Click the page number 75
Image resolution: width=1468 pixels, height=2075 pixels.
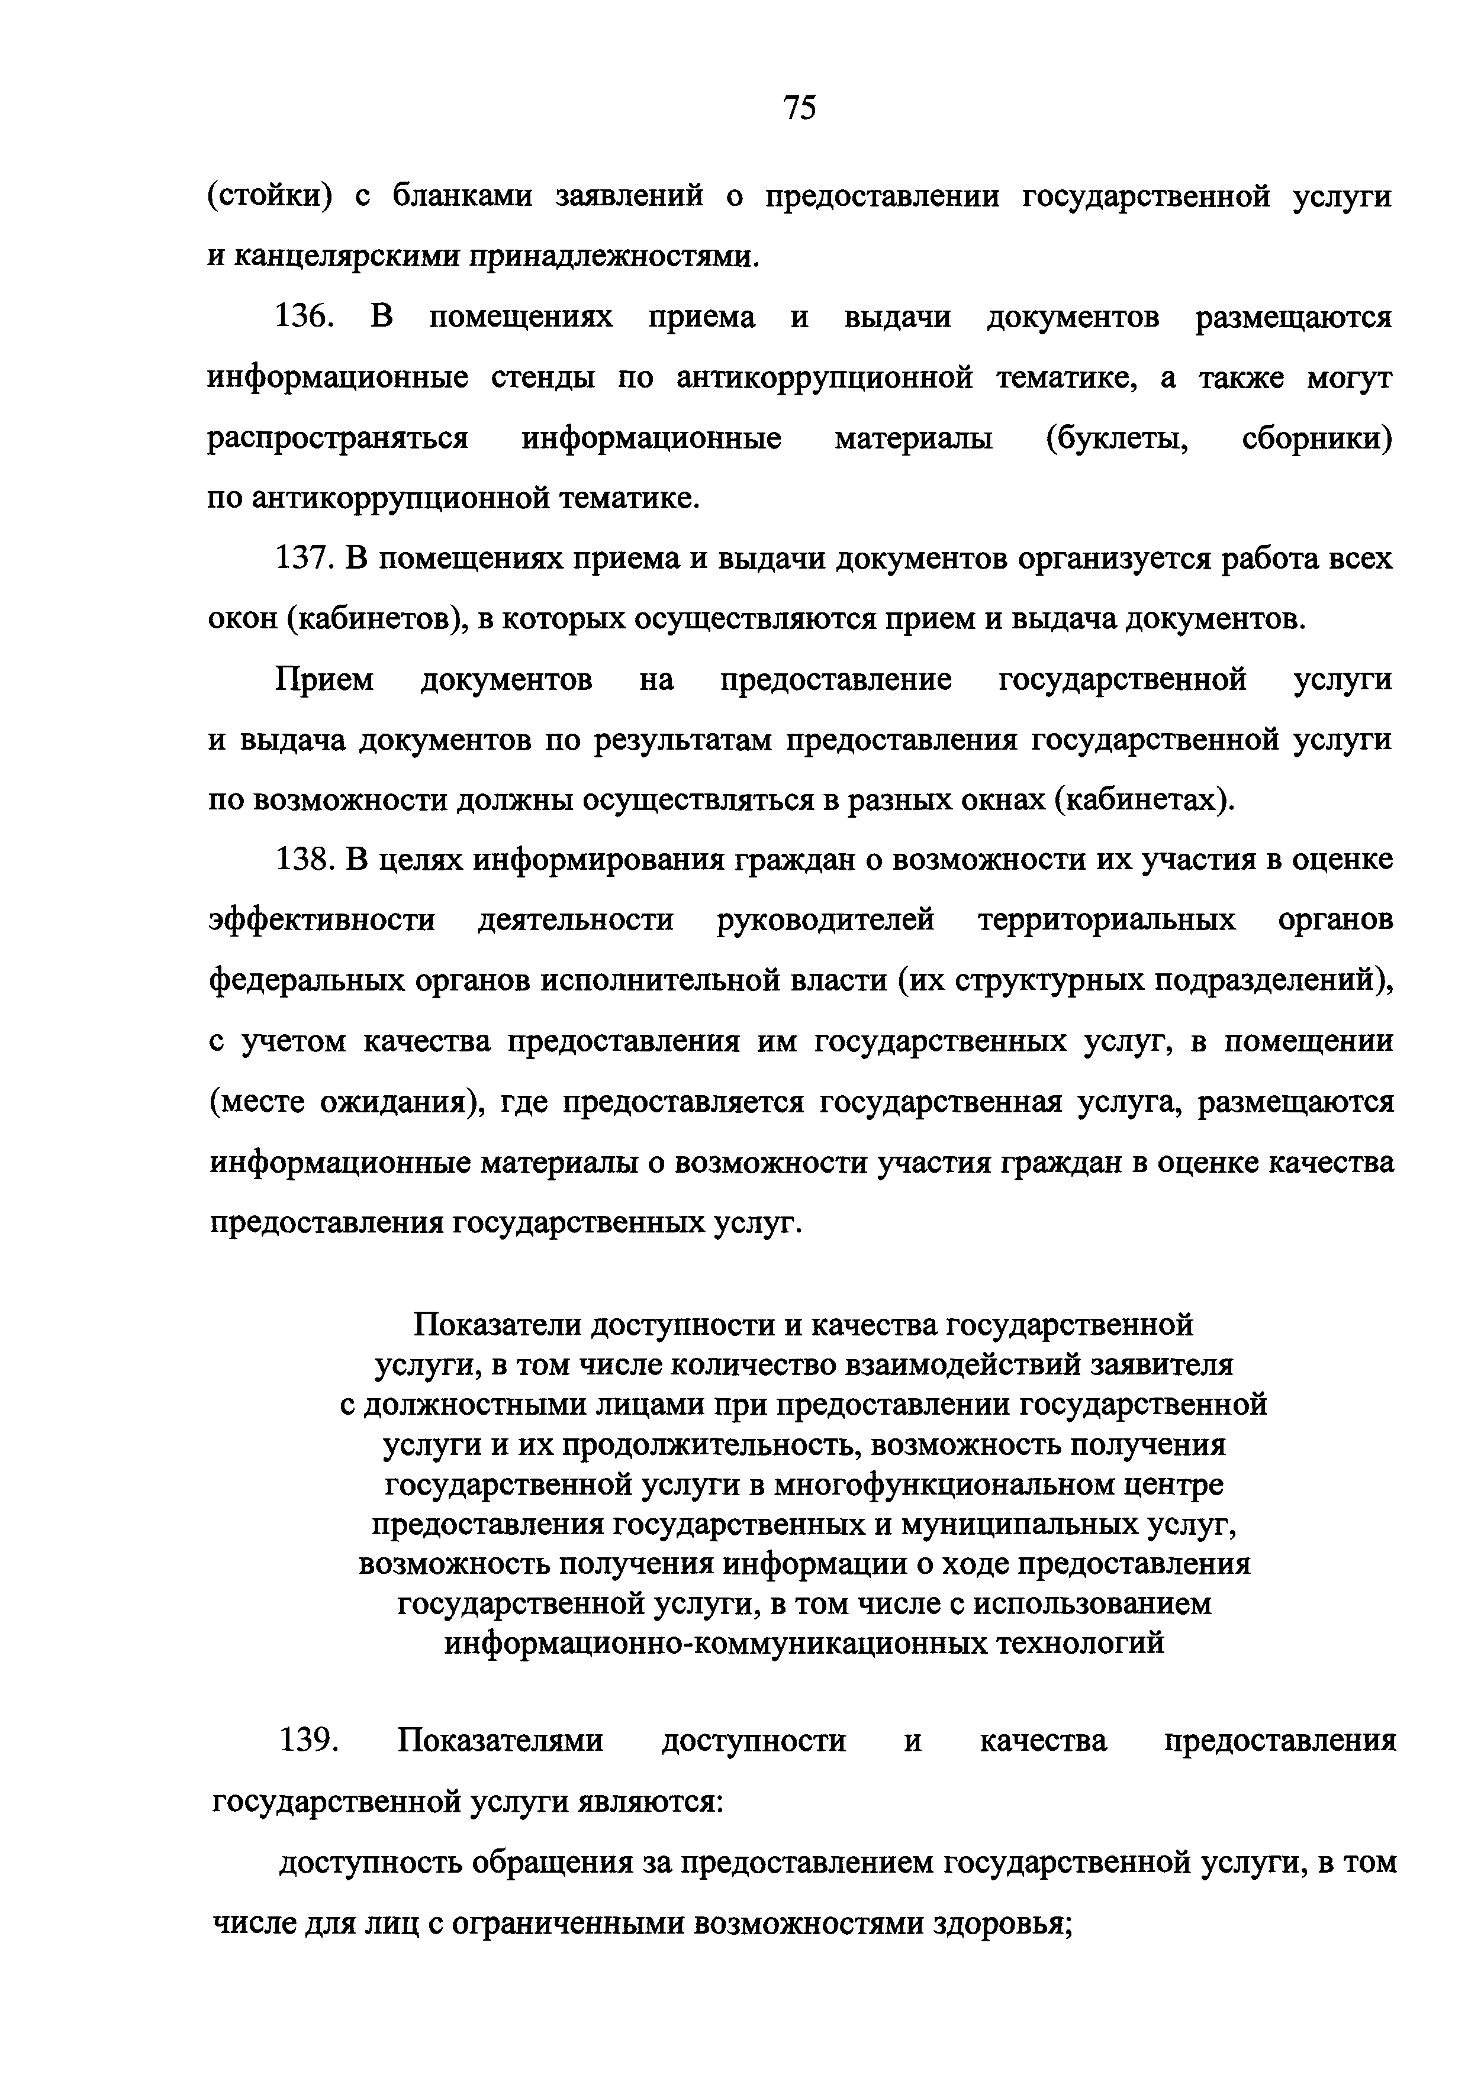pyautogui.click(x=800, y=108)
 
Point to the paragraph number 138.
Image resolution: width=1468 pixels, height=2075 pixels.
pyautogui.click(x=307, y=860)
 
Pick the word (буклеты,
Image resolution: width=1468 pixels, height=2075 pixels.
pyautogui.click(x=1116, y=439)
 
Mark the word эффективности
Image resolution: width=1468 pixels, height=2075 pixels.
pyautogui.click(x=323, y=921)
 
